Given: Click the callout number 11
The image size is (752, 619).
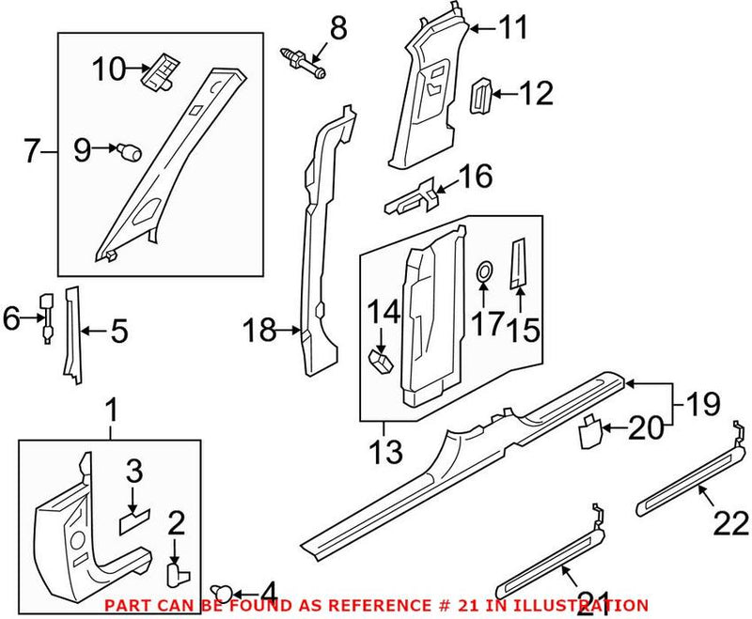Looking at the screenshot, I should (x=512, y=30).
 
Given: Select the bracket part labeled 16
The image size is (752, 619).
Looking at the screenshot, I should (x=414, y=196).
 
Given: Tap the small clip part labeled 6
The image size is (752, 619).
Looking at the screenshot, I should (x=44, y=313).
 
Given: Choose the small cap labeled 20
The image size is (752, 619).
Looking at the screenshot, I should (x=588, y=431).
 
